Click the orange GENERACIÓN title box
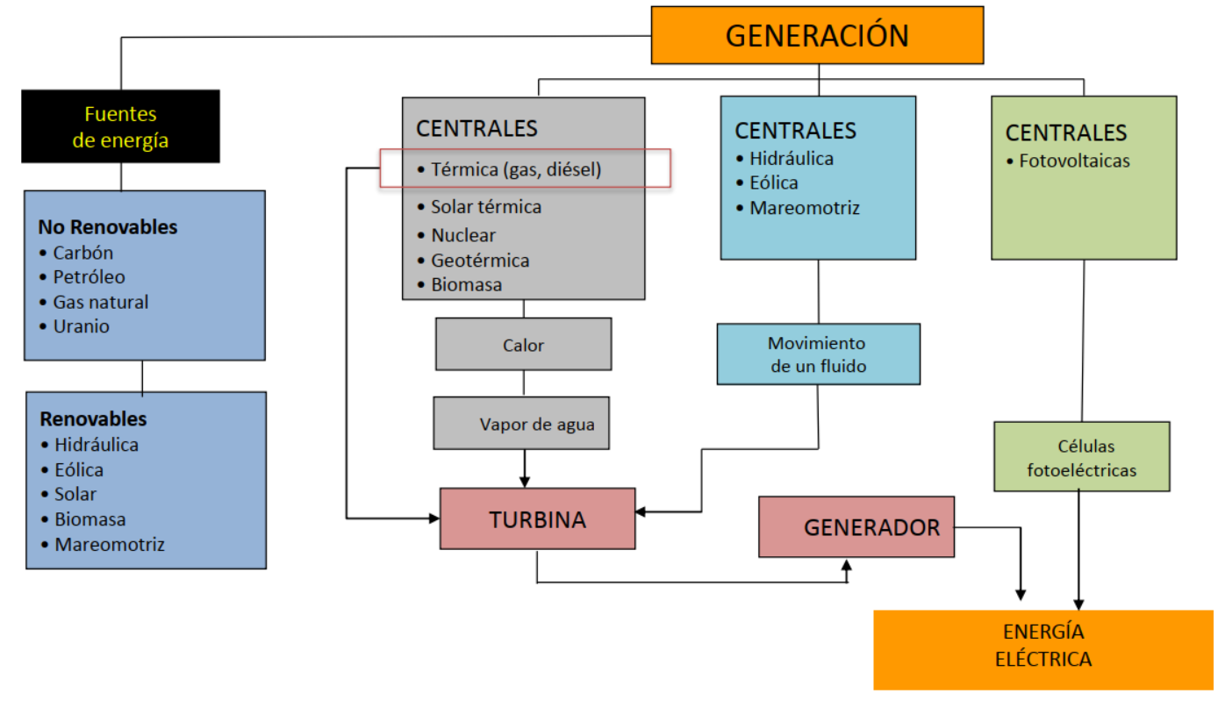point(816,35)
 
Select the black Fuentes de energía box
point(120,126)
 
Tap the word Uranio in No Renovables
point(81,326)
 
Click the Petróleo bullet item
point(89,277)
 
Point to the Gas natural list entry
point(100,302)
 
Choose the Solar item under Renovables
point(75,494)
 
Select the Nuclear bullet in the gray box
point(462,235)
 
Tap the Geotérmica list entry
point(479,261)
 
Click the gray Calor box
point(523,345)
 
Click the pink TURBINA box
point(537,518)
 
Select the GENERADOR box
point(856,527)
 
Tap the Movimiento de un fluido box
point(818,354)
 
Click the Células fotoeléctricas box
point(1081,457)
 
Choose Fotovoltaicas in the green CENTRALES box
point(1074,161)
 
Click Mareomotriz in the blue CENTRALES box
point(804,208)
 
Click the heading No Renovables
point(107,227)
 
